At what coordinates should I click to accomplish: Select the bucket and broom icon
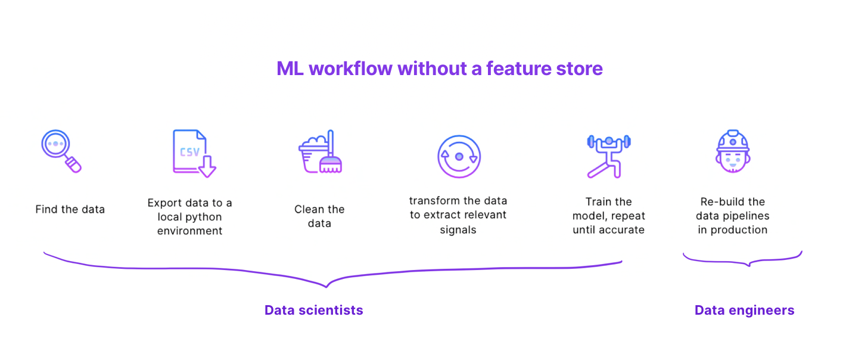pos(320,153)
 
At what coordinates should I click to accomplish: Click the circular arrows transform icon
pos(459,156)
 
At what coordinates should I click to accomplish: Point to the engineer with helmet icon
pos(732,152)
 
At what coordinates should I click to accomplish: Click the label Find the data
pos(70,209)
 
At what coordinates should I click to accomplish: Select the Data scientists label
pos(313,310)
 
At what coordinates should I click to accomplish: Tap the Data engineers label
pos(744,310)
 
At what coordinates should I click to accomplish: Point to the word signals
pos(458,229)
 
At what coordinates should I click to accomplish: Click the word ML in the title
pos(290,69)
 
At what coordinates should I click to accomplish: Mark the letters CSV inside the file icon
pos(190,151)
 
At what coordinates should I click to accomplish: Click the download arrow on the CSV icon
pos(207,167)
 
